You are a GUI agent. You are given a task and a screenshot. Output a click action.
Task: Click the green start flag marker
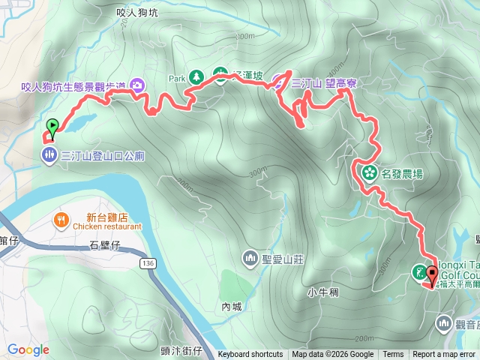tap(52, 127)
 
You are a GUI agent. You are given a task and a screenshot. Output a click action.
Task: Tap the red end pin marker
tap(433, 274)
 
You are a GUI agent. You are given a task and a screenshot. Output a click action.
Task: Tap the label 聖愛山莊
tap(283, 259)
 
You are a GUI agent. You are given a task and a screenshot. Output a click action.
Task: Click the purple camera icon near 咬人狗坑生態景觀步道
tap(137, 85)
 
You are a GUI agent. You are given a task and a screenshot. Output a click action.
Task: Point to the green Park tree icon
tap(196, 76)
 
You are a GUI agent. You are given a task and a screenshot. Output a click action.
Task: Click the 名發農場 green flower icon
tap(369, 173)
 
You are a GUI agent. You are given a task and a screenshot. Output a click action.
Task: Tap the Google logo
tap(28, 349)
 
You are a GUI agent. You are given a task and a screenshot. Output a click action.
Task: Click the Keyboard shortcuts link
tap(250, 355)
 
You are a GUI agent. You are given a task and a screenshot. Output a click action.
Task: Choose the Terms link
tap(393, 355)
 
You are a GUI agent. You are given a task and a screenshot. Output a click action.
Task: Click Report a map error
tap(445, 355)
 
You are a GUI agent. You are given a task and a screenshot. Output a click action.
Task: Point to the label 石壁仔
tap(104, 244)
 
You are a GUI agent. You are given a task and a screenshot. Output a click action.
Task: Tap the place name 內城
tap(232, 306)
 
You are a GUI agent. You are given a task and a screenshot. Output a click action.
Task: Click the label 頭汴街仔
tap(182, 350)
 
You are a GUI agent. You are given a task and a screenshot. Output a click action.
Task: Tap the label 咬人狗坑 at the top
tap(138, 12)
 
